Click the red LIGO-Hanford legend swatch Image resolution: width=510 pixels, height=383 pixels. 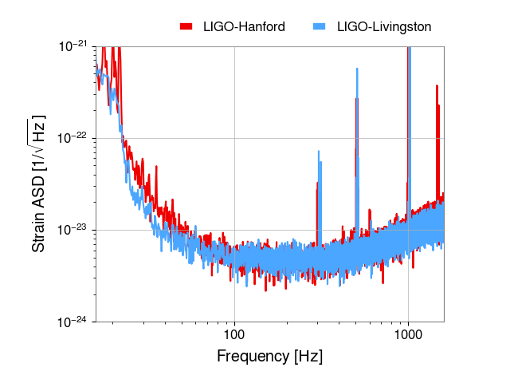(x=186, y=26)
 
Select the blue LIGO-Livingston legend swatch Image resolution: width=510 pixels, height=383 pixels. (x=319, y=26)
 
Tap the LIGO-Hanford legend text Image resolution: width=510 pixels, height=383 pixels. (x=244, y=26)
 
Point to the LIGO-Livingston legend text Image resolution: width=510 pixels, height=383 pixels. (x=384, y=27)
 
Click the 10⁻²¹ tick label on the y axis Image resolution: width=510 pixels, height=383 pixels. (x=73, y=46)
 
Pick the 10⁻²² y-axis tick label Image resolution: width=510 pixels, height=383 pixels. (x=73, y=138)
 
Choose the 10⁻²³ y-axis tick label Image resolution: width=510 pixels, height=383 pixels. (x=73, y=230)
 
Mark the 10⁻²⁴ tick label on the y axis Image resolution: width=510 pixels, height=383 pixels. (x=73, y=322)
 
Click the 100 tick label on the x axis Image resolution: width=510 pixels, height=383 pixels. (x=234, y=334)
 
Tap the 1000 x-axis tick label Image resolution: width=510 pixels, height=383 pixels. (x=408, y=334)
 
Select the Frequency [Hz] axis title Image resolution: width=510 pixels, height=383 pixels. (x=269, y=357)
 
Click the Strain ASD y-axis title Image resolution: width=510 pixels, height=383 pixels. (x=37, y=184)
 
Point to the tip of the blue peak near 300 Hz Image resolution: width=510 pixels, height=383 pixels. (x=319, y=151)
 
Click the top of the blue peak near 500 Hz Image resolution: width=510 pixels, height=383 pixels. (x=357, y=69)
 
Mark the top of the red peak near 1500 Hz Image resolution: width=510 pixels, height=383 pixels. (x=437, y=85)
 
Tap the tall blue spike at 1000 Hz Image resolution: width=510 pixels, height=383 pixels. (x=410, y=130)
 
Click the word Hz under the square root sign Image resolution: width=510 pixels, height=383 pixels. (x=39, y=128)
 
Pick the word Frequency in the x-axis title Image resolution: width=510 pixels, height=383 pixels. (x=253, y=357)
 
